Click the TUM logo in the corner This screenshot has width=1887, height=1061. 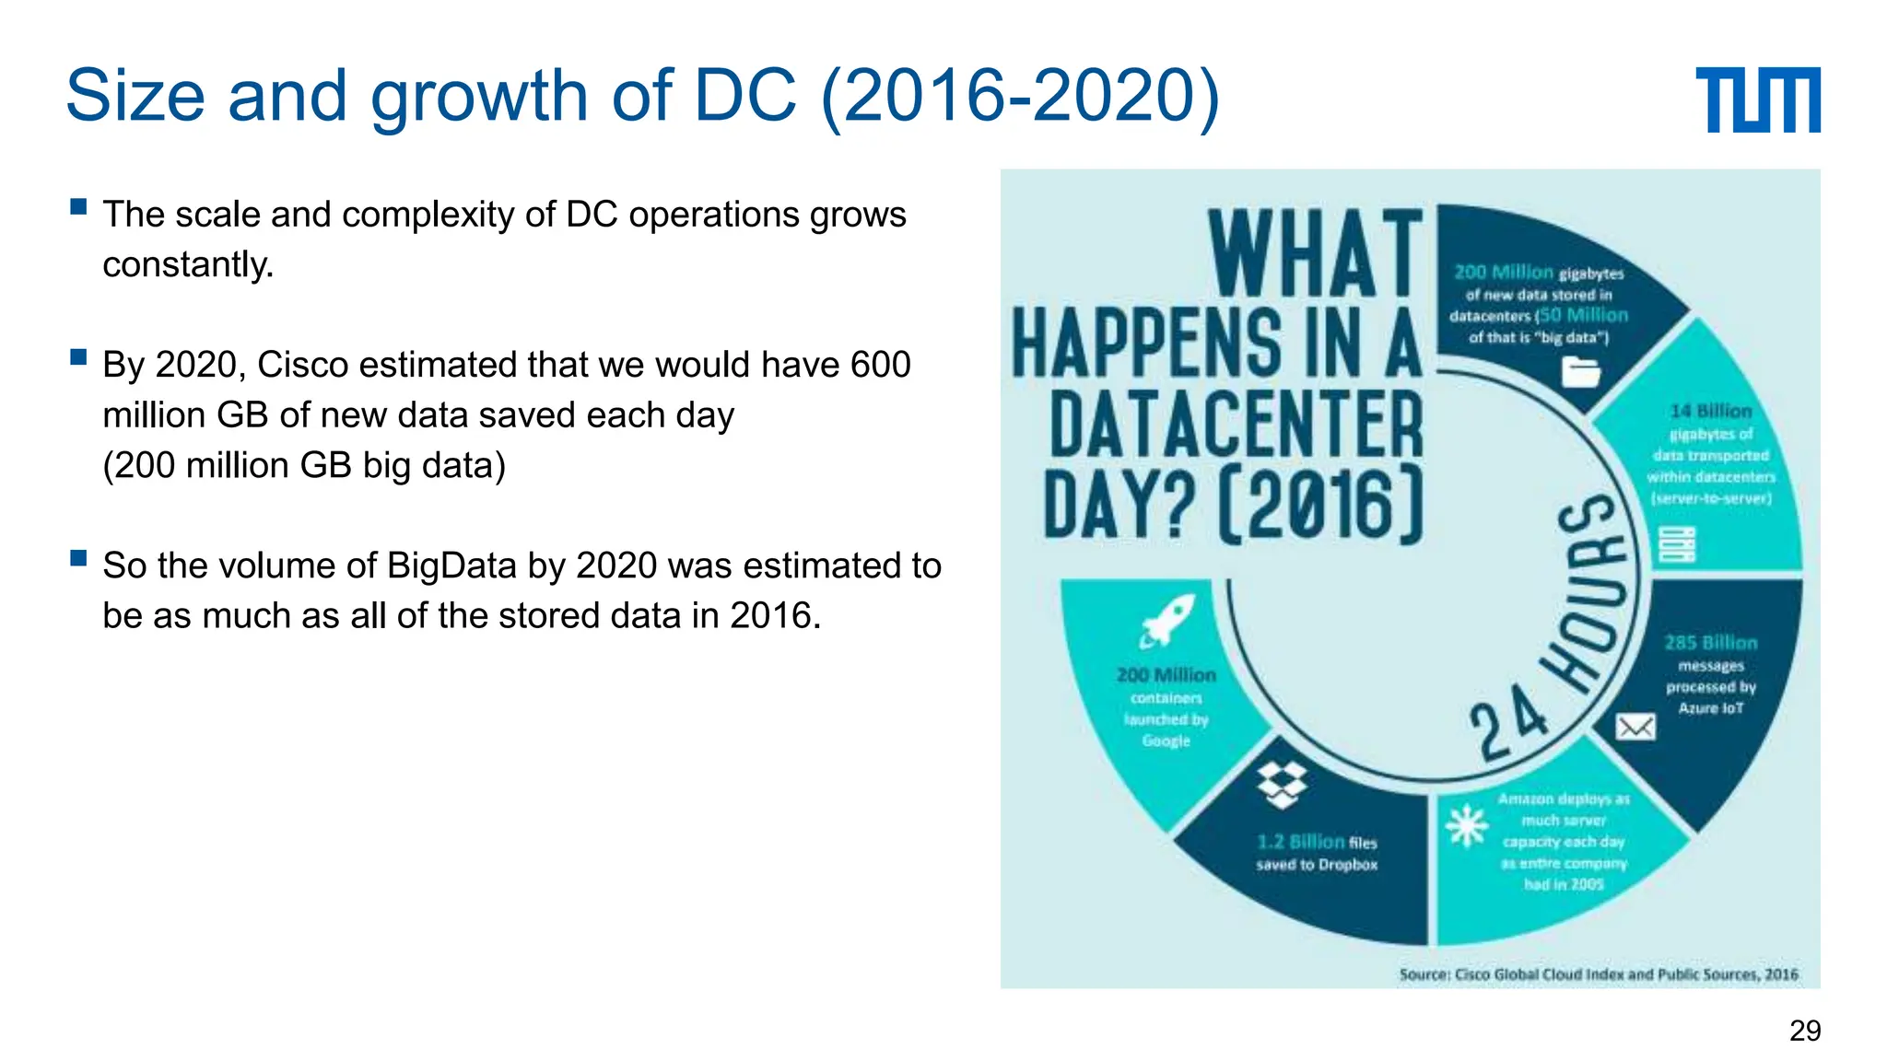(1757, 99)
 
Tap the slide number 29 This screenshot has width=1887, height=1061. (1804, 1030)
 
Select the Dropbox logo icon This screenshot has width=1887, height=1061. (1282, 785)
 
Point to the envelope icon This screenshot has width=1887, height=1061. (1635, 728)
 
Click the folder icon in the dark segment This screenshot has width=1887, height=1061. (1581, 372)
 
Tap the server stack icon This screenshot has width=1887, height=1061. (1677, 544)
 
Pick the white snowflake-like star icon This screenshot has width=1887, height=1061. (1466, 825)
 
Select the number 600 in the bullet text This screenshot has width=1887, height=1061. (880, 365)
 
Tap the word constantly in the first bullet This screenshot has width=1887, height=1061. (188, 265)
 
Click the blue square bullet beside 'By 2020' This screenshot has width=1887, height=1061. (78, 356)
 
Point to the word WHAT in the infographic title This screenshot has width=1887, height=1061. (1316, 253)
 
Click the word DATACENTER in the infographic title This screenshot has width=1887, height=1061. (1236, 425)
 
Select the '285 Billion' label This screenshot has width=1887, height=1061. (1710, 643)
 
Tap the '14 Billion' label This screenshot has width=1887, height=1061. (1710, 411)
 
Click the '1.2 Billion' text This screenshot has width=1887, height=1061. (1300, 842)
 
